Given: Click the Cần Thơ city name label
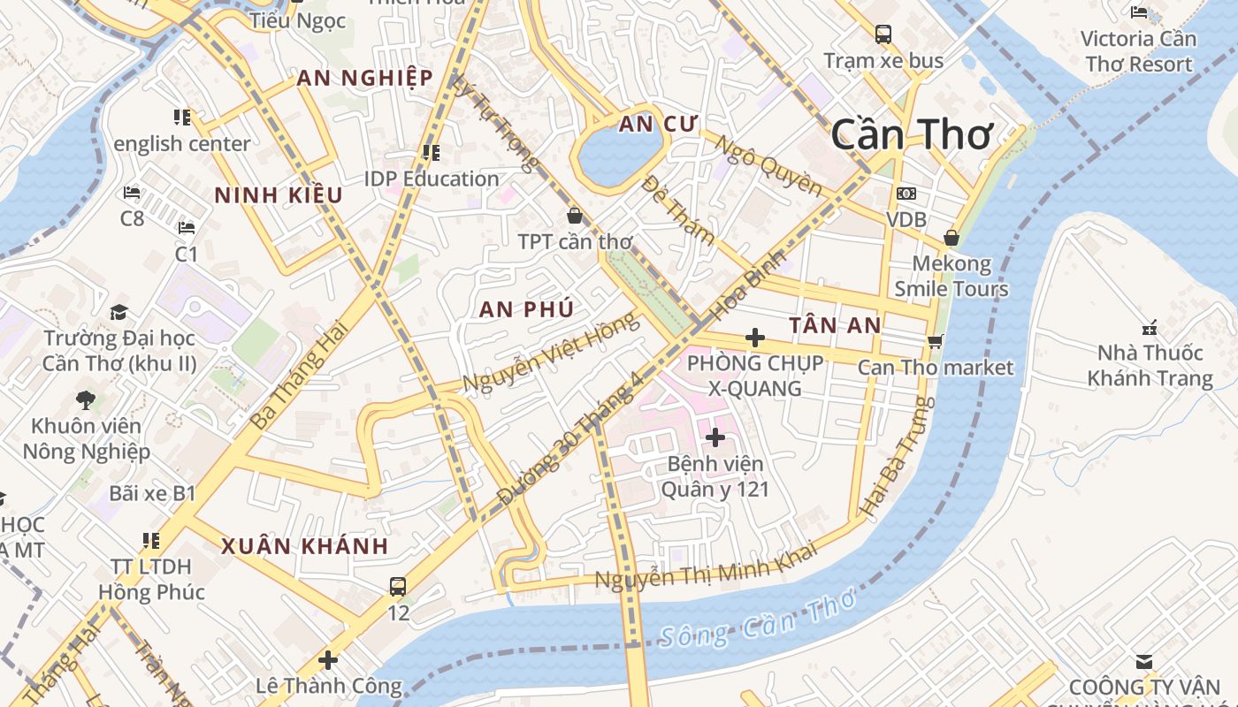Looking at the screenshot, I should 912,134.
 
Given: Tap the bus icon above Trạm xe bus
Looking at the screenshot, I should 883,34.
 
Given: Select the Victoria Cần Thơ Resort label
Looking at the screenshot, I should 1139,51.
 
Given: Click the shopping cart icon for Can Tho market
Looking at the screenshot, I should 935,341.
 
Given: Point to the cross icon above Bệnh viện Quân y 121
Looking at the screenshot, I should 715,437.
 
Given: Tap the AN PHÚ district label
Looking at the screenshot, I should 526,309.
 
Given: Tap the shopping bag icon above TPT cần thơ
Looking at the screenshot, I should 575,215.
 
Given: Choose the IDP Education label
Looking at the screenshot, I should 432,179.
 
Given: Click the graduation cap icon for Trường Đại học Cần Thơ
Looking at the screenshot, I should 118,312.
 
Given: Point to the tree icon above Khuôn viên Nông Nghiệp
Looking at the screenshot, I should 86,399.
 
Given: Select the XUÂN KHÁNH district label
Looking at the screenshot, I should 304,545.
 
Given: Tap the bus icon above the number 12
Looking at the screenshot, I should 398,586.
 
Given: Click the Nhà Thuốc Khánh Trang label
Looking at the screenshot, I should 1150,366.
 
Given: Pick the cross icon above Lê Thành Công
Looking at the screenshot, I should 328,659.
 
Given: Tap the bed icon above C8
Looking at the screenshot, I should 132,192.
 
